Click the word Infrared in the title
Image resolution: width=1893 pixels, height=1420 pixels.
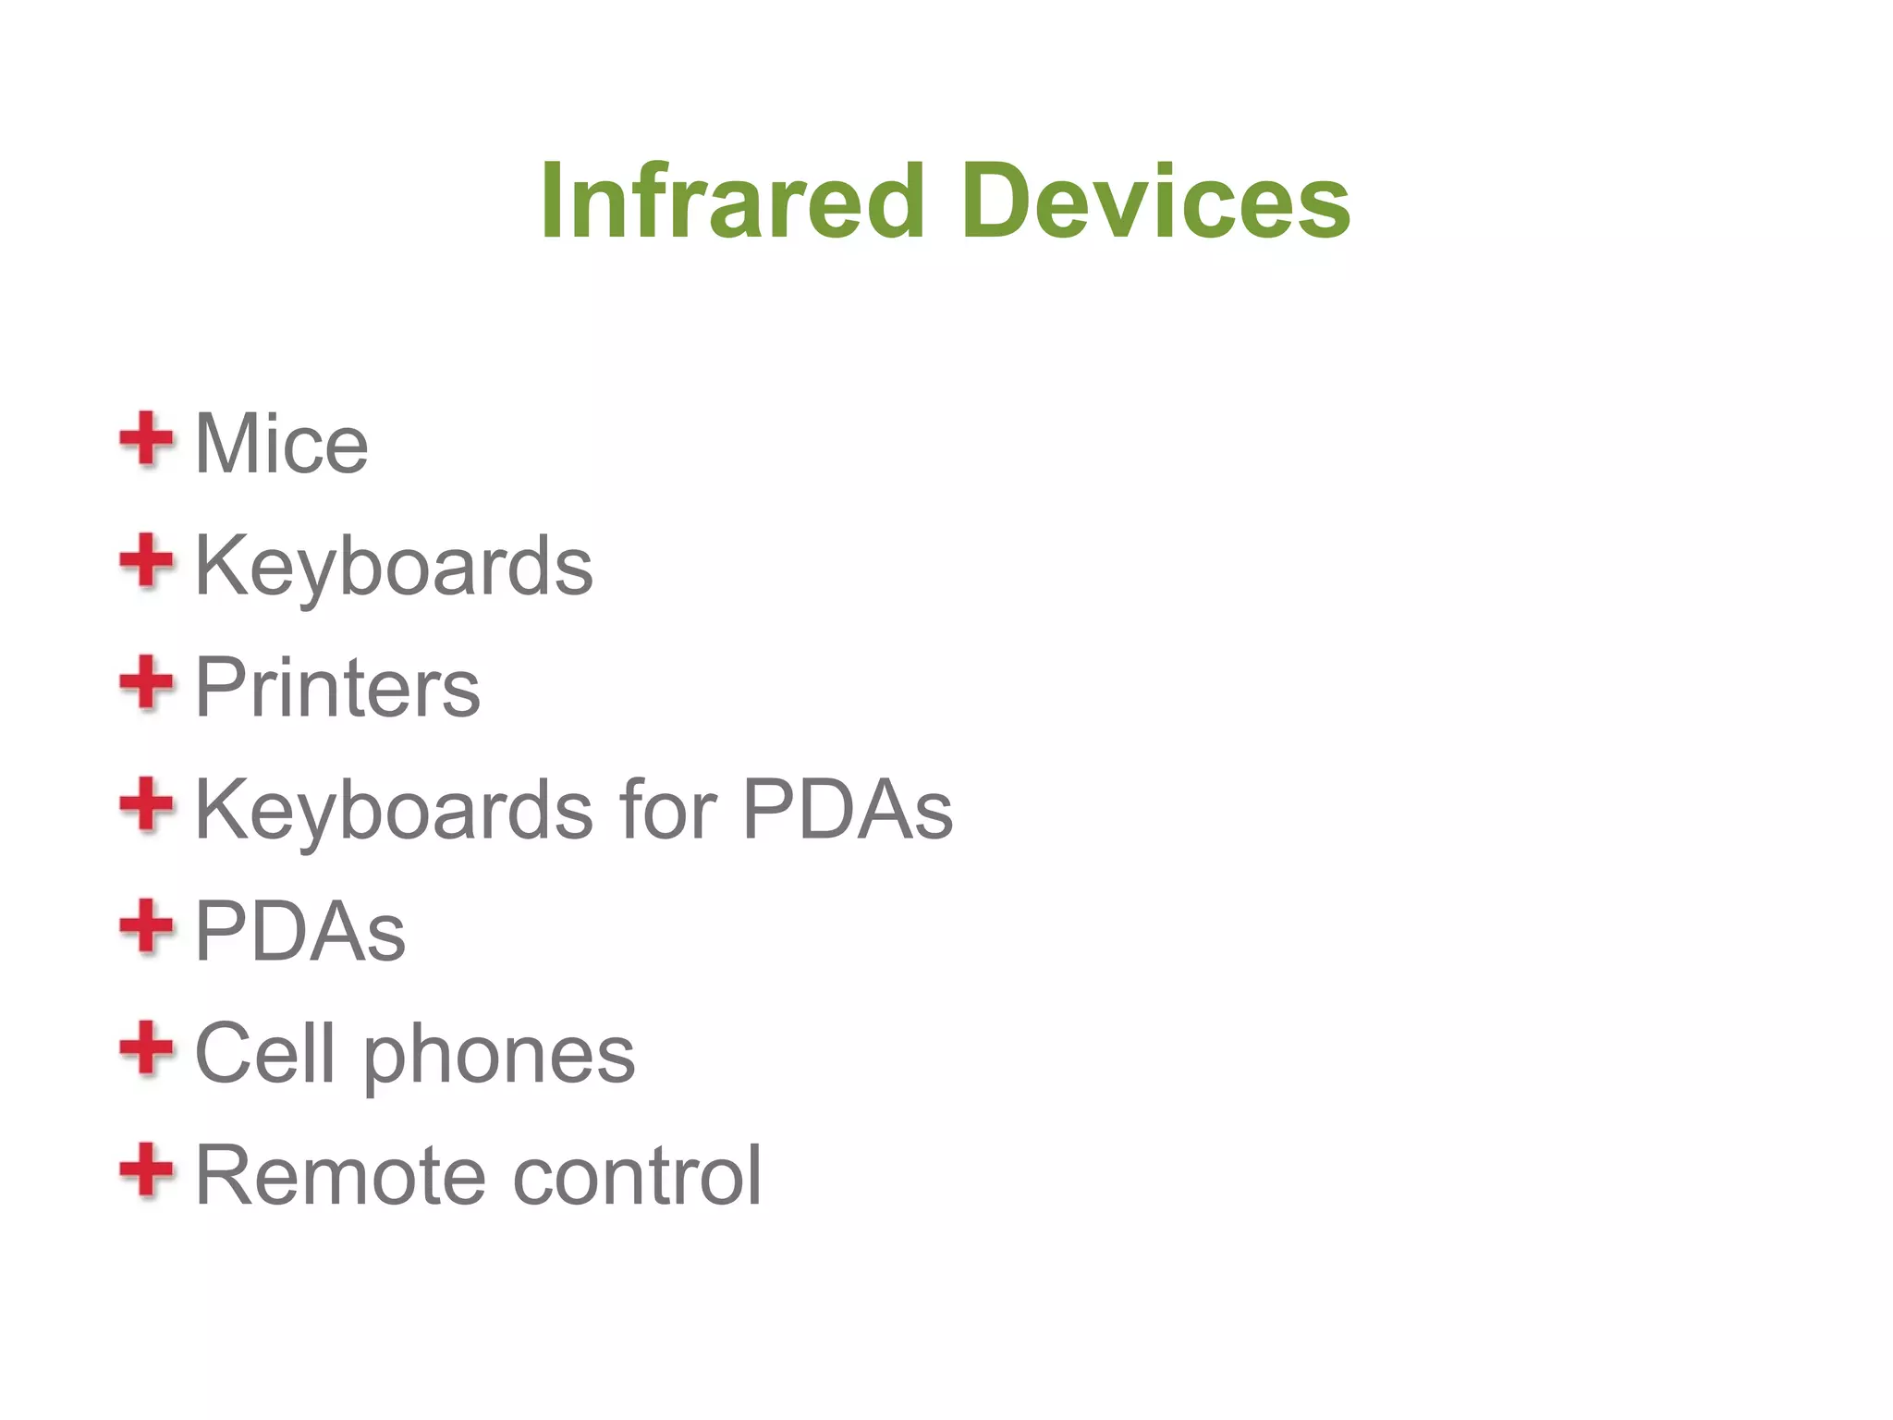tap(732, 201)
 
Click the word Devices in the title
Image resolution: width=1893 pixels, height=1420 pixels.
tap(1155, 201)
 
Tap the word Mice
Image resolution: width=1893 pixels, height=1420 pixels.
tap(281, 445)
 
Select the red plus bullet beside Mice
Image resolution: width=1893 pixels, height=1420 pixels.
tap(146, 440)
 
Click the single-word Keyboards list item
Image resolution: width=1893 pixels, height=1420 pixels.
tap(394, 567)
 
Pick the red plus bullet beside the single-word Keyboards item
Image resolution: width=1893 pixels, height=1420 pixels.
tap(146, 561)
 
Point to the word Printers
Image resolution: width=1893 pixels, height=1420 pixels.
tap(337, 688)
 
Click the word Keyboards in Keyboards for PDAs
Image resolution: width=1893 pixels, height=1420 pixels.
tap(394, 811)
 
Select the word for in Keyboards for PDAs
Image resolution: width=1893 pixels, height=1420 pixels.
tap(667, 810)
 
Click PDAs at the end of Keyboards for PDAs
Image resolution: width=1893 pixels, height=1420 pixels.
tap(847, 810)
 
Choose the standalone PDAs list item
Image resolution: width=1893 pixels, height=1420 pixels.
tap(300, 932)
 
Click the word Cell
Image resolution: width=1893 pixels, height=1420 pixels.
tap(264, 1053)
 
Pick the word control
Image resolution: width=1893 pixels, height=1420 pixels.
tap(637, 1176)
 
